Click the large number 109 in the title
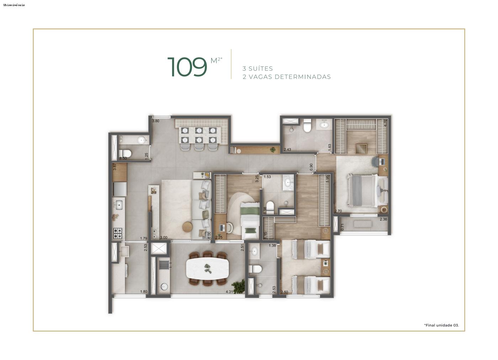[x=187, y=67]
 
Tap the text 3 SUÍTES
[x=258, y=69]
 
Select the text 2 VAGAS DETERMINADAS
[x=286, y=77]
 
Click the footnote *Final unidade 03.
[x=441, y=325]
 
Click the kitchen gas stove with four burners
[x=118, y=233]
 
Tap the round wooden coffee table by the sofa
[x=189, y=226]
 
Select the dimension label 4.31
[x=229, y=292]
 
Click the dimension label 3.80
[x=155, y=121]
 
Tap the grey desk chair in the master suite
[x=376, y=162]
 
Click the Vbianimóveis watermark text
[x=14, y=5]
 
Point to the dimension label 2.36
[x=383, y=219]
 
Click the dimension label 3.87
[x=115, y=166]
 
